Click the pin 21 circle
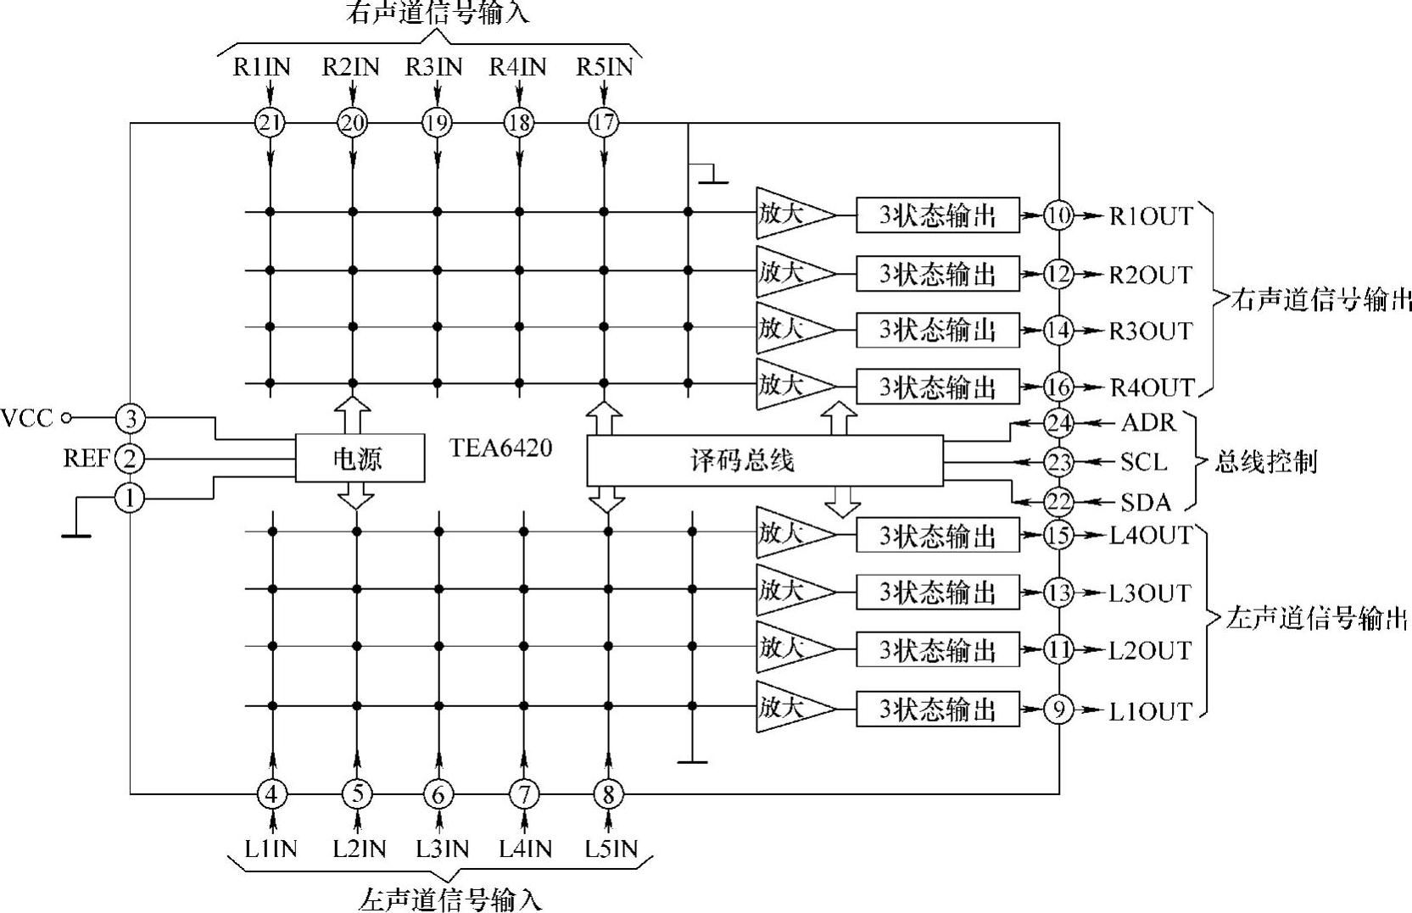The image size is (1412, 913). click(270, 123)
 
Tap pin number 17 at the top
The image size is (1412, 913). click(603, 122)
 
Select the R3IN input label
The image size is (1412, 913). click(433, 67)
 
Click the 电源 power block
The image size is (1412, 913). click(360, 459)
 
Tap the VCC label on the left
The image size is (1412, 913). click(27, 418)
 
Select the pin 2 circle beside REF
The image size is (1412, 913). click(130, 459)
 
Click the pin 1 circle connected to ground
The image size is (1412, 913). click(130, 498)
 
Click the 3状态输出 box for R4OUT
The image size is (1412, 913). click(937, 387)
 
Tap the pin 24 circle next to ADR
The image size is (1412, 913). click(1058, 422)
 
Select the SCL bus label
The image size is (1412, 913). click(1143, 462)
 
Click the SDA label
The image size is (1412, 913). click(1145, 503)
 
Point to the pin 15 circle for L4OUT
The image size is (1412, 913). click(1058, 535)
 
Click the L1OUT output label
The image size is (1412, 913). click(1150, 710)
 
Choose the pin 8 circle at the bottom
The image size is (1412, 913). click(608, 794)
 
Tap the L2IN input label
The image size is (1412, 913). click(360, 848)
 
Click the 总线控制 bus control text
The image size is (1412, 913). click(1265, 462)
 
